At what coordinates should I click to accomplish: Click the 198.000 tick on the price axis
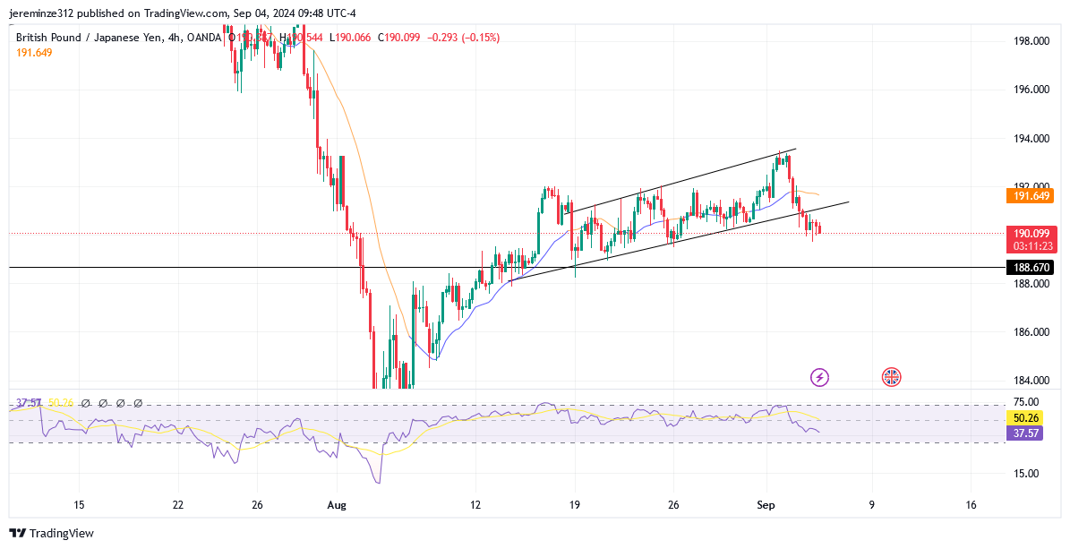(1031, 41)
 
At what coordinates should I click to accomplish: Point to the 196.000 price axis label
(1031, 90)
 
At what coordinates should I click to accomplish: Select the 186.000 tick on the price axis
(1031, 332)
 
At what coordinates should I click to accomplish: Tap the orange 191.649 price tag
(1031, 195)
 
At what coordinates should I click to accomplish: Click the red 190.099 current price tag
(1031, 233)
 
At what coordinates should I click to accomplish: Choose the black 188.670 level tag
(1031, 267)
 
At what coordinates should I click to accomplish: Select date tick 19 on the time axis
(574, 505)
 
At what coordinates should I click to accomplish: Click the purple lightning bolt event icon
(819, 377)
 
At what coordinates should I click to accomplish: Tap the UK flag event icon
(891, 377)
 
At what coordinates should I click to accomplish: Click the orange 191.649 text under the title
(34, 53)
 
